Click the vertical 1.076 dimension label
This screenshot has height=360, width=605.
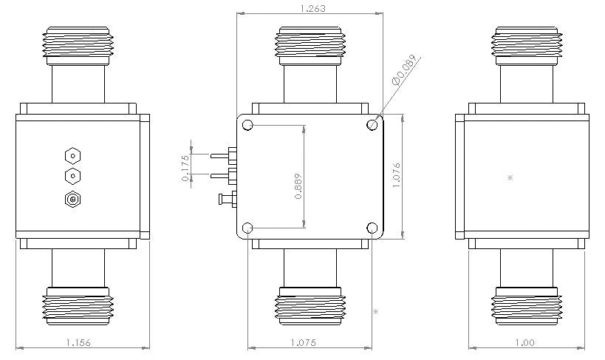click(x=397, y=177)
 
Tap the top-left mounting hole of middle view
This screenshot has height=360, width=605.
click(x=247, y=125)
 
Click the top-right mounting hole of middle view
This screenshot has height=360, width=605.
click(x=372, y=125)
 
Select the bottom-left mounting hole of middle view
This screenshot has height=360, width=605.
click(x=247, y=227)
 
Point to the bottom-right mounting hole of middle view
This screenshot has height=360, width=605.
click(x=372, y=227)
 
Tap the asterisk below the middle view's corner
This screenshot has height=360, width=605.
click(x=376, y=312)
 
